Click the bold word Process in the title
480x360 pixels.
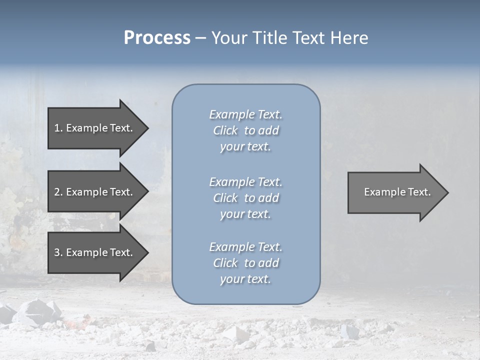point(157,38)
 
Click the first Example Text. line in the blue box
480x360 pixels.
point(245,114)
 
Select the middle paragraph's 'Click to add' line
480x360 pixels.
point(245,198)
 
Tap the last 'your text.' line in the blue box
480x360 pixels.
point(245,279)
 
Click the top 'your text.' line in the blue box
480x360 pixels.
point(245,146)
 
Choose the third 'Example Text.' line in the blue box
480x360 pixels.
point(245,247)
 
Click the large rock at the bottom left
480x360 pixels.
point(37,312)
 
